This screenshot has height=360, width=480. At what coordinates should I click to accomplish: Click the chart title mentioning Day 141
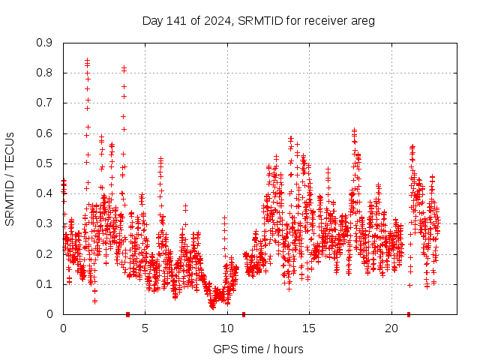pos(258,20)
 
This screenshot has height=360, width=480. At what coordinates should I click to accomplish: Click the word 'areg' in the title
pos(363,21)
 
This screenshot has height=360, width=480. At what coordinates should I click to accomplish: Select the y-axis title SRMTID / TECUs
pos(10,178)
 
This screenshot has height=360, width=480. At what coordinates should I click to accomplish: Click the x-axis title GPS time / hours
pos(258,349)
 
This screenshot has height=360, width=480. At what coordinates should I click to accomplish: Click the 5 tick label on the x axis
pos(145,328)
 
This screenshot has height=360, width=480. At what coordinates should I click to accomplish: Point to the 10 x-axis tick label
pos(227,328)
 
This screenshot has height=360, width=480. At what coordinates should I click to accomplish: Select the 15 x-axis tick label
pos(310,328)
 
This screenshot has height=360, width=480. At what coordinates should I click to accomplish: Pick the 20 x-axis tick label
pos(391,328)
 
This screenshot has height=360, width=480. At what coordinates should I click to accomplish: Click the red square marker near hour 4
pos(128,314)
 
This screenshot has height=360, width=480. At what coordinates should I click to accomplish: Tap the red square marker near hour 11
pos(244,314)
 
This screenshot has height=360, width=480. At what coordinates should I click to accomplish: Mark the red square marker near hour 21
pos(409,314)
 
